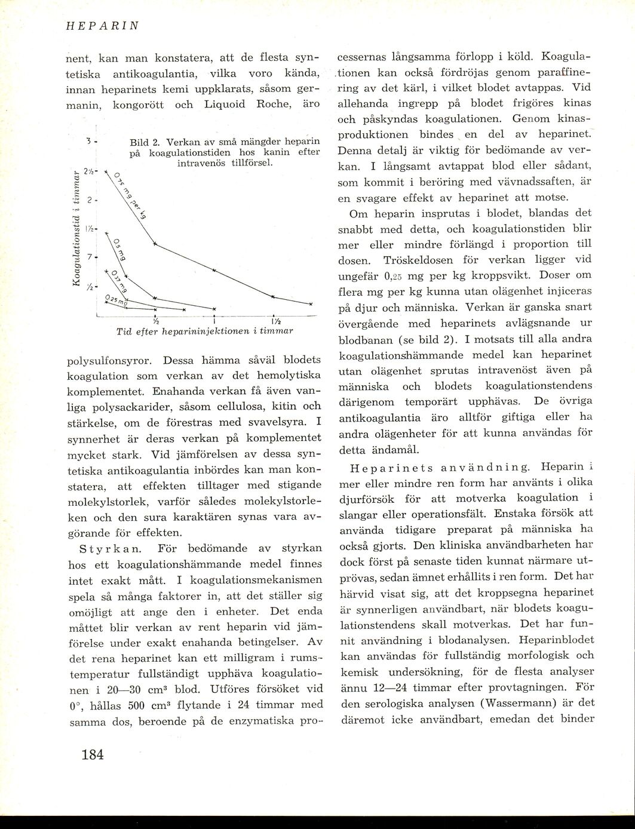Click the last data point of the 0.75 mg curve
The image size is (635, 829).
pos(311,303)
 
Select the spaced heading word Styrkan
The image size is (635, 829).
pos(111,548)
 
